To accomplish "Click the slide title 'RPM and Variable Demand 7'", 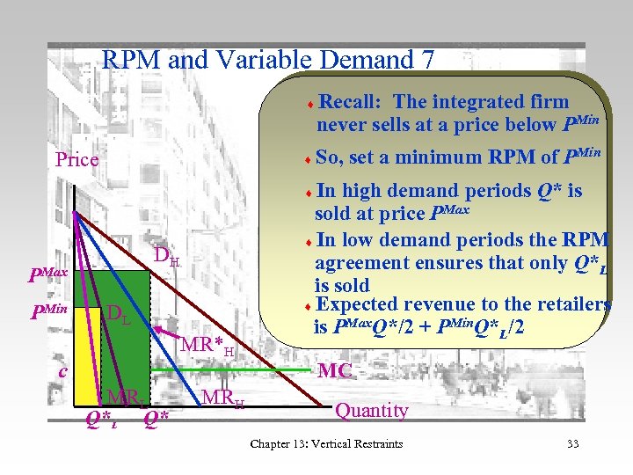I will click(268, 59).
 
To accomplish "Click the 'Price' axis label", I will click(76, 160).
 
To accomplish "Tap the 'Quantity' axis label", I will click(372, 411).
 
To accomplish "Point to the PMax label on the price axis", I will click(47, 275).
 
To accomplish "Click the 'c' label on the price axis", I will click(62, 371).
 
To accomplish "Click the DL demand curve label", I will click(118, 314).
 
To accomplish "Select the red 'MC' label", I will click(335, 371).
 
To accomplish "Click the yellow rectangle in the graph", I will click(88, 352).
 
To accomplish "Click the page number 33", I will click(572, 443).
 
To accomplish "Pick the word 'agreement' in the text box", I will click(360, 263).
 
